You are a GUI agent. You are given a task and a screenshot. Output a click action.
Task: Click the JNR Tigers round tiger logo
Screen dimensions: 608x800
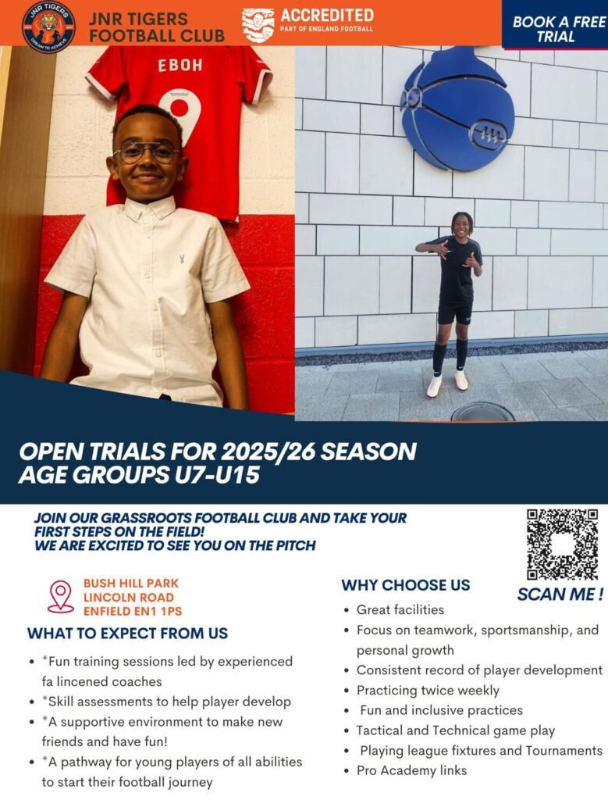point(49,27)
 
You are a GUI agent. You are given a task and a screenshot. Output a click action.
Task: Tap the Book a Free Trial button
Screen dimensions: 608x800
point(555,24)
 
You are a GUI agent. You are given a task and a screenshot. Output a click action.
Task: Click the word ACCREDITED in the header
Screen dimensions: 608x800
point(327,15)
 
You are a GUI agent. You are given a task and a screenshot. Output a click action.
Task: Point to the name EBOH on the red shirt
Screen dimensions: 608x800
point(180,65)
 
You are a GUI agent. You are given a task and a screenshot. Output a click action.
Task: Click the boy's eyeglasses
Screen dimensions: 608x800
point(147,152)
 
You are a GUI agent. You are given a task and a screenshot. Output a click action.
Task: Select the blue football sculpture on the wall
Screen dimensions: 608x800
point(457,108)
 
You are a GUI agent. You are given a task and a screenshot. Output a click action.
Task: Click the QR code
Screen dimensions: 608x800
point(563,544)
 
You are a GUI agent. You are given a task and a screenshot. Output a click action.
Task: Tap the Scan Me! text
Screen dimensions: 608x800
point(560,595)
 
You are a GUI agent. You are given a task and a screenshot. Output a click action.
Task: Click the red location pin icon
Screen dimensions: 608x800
point(61,596)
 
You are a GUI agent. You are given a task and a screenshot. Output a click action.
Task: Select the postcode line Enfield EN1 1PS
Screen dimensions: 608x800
point(133,611)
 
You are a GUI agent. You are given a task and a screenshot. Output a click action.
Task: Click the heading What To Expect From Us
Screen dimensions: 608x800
point(127,634)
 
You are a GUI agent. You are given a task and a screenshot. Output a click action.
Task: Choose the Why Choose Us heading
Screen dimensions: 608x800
point(406,585)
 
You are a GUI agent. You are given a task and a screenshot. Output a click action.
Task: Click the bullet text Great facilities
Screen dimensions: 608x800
point(400,609)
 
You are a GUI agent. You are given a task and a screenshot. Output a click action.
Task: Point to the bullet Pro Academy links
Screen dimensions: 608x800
point(411,770)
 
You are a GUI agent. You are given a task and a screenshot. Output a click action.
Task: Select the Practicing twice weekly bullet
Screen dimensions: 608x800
point(428,691)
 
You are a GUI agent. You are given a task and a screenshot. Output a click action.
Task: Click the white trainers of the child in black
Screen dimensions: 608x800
point(447,383)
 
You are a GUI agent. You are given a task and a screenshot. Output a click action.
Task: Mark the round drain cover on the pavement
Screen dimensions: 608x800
point(482,412)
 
